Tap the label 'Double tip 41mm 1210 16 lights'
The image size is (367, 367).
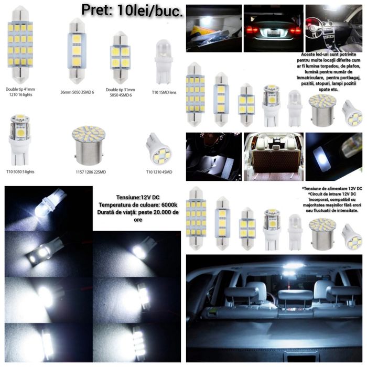(x=23, y=92)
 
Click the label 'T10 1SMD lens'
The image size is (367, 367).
(x=164, y=92)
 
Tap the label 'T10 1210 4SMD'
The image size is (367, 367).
(x=159, y=171)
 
